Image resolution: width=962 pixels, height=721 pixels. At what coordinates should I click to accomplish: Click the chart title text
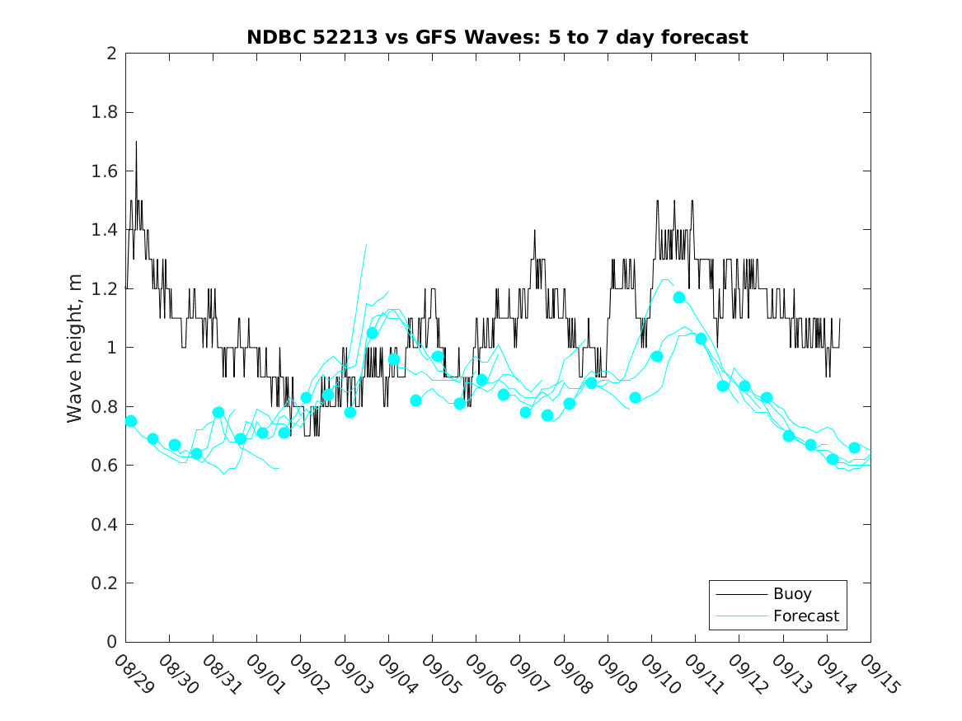pos(497,38)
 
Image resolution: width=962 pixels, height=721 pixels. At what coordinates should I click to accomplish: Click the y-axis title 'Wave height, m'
pos(75,348)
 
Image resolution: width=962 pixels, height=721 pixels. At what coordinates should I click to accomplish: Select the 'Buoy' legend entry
pos(792,593)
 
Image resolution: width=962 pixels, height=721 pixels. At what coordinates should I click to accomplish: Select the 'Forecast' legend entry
pos(805,616)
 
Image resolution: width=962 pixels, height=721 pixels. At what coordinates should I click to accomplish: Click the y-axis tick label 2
pos(110,54)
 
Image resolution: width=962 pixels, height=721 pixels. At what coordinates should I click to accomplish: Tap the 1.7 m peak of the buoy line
pos(136,142)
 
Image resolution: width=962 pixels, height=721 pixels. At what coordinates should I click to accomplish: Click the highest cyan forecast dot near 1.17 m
pos(679,297)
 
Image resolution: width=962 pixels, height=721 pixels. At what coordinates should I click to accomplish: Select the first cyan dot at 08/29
pos(131,421)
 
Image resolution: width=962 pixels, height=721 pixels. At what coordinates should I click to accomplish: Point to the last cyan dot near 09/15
pos(854,447)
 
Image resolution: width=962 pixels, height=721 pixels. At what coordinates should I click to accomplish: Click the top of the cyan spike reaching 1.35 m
pos(366,245)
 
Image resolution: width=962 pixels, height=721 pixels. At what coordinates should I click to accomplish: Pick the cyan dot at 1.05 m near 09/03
pos(372,333)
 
